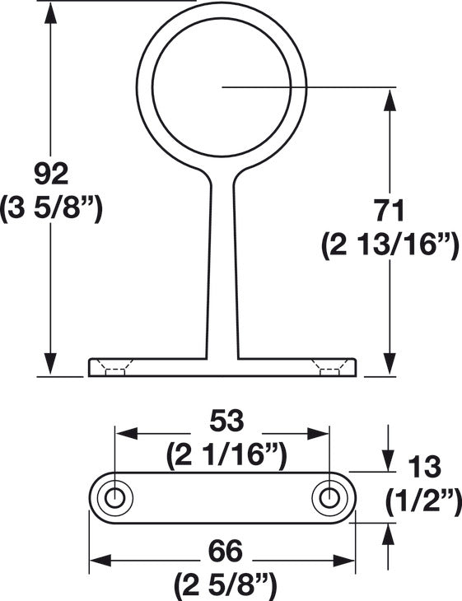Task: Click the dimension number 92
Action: pos(51,175)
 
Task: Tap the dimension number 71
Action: pos(386,211)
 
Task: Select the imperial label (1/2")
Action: pos(422,500)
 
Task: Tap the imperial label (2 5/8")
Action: pos(222,585)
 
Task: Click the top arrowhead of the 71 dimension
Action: pos(387,99)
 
